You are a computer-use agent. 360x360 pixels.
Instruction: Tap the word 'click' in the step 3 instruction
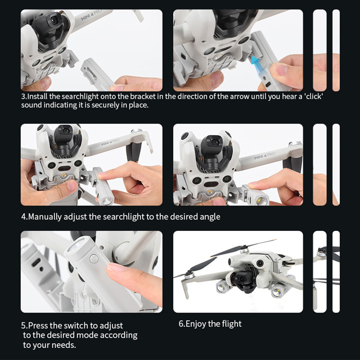click(x=313, y=97)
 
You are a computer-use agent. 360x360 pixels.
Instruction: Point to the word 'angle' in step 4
click(x=210, y=217)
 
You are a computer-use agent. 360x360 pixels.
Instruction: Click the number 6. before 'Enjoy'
click(x=182, y=324)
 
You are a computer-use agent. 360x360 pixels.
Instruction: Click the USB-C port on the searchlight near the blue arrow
click(x=268, y=85)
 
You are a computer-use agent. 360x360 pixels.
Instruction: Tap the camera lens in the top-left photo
click(x=54, y=21)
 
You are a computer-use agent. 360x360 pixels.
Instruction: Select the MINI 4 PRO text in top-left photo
click(x=91, y=15)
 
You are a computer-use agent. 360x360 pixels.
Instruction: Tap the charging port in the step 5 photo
click(x=36, y=262)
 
